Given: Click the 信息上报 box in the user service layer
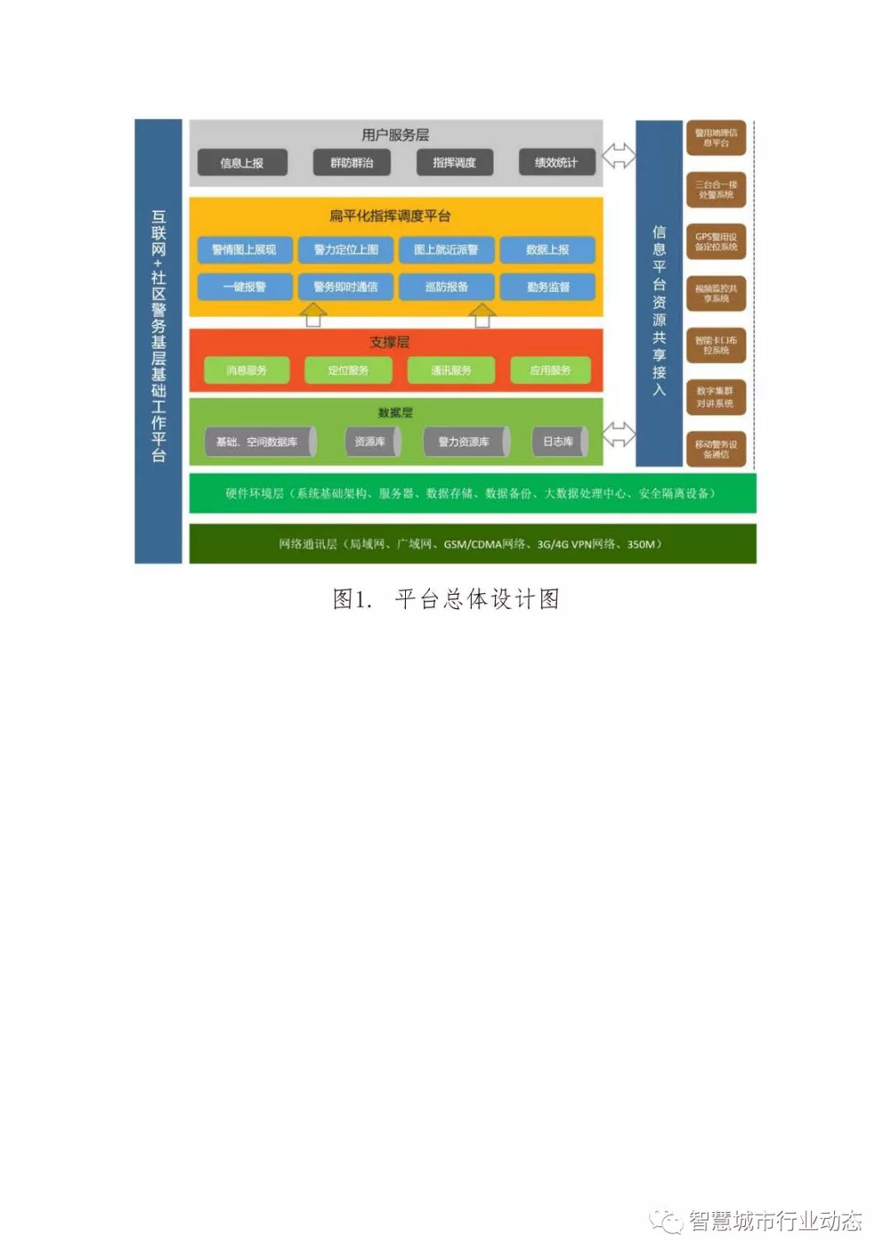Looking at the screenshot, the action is (242, 163).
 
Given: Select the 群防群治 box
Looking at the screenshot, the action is (352, 163).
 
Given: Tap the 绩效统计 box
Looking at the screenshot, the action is (556, 163).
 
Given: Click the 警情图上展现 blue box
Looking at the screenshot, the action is (244, 249).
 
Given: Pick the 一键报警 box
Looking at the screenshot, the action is (244, 286).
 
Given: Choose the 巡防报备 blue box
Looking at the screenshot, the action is (446, 286).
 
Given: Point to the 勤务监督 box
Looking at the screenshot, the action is (548, 286).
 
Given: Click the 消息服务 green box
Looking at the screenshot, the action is (247, 370).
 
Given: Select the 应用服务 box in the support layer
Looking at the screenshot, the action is (550, 370).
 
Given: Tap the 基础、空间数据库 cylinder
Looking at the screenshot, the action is (259, 441).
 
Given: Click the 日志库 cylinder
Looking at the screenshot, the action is (559, 441).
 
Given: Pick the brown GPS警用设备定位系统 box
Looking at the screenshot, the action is (716, 242).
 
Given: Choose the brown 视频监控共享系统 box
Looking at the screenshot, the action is (716, 294).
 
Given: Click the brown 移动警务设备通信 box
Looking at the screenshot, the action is (716, 449).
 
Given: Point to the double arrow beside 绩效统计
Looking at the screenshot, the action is (619, 155).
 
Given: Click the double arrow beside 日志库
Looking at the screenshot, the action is (619, 434).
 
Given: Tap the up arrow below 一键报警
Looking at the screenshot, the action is (313, 315).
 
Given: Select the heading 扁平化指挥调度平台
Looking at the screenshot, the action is (390, 216).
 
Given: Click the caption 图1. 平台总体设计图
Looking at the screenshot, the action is (445, 599).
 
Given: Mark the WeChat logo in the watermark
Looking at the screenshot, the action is (667, 1221).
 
